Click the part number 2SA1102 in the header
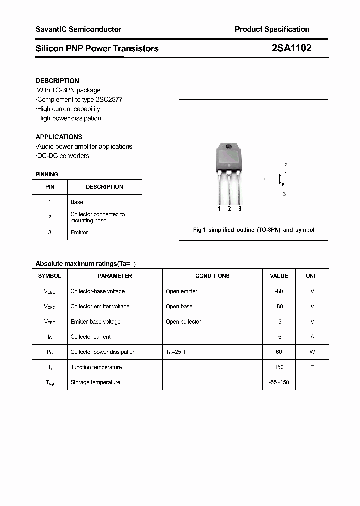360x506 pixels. click(291, 48)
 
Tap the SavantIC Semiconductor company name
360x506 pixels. click(78, 29)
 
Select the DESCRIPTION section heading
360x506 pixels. click(57, 81)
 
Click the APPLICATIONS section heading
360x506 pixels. click(59, 137)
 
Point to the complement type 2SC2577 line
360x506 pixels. click(80, 99)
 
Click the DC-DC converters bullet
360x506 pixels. click(63, 156)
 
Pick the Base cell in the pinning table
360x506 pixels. click(77, 202)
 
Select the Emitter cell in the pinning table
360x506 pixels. click(79, 233)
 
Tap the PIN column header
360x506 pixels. click(50, 187)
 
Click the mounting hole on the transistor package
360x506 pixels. click(229, 147)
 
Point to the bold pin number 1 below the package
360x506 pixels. click(219, 209)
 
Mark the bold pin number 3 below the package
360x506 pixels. click(240, 209)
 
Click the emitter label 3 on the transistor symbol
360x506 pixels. click(284, 194)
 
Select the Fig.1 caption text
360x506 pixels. click(253, 230)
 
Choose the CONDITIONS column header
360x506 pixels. click(212, 276)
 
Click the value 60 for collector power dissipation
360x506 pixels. click(279, 352)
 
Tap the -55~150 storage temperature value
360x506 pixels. click(279, 382)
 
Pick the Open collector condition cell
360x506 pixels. click(184, 322)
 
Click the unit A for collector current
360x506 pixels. click(312, 337)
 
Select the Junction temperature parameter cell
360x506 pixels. click(96, 367)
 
